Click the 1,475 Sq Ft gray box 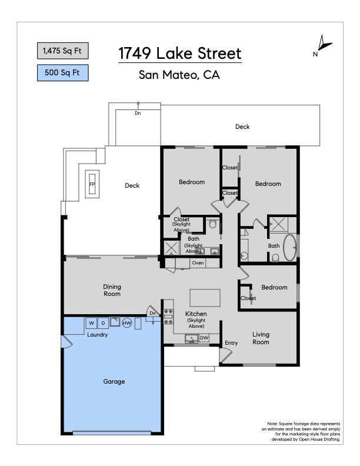click(x=63, y=51)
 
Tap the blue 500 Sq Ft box click(x=63, y=73)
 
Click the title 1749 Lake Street click(x=179, y=54)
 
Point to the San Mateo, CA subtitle click(x=179, y=75)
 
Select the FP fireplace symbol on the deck click(x=92, y=184)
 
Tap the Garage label click(x=114, y=381)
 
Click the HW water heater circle click(x=127, y=323)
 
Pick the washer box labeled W click(x=92, y=323)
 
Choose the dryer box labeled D click(x=103, y=323)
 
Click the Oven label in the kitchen click(x=198, y=263)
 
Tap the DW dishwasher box click(x=204, y=338)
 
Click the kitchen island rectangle click(x=205, y=298)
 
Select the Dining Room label click(x=112, y=290)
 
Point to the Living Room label click(x=261, y=338)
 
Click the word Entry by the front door click(x=231, y=343)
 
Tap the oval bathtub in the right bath click(x=289, y=248)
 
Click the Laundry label click(x=98, y=335)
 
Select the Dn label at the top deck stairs click(x=138, y=113)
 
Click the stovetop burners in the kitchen click(x=168, y=317)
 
